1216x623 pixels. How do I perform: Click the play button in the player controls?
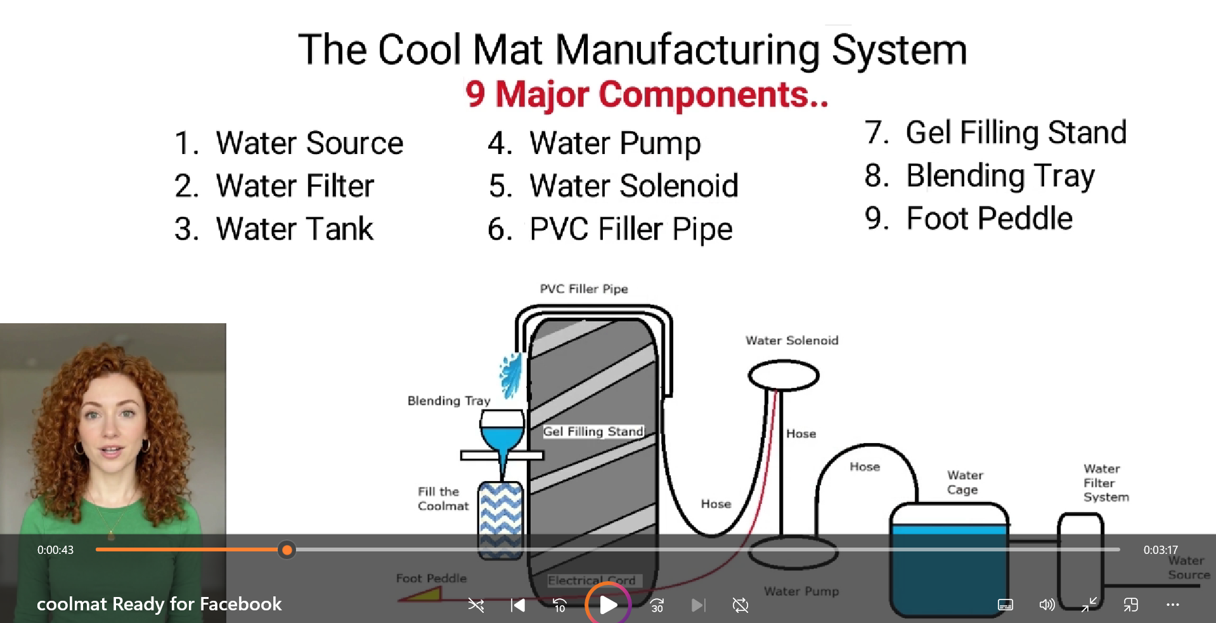pyautogui.click(x=607, y=605)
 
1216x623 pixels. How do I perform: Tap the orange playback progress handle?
pyautogui.click(x=287, y=550)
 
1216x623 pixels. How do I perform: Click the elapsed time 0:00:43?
pyautogui.click(x=55, y=550)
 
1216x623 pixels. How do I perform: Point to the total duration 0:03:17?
pyautogui.click(x=1160, y=550)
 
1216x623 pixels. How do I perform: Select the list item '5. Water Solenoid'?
pyautogui.click(x=613, y=186)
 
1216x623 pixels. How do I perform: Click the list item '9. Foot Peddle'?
pyautogui.click(x=968, y=218)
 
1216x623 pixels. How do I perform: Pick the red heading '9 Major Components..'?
pyautogui.click(x=647, y=94)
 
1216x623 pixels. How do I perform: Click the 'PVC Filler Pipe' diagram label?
pyautogui.click(x=584, y=289)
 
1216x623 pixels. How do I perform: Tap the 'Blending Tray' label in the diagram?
pyautogui.click(x=449, y=401)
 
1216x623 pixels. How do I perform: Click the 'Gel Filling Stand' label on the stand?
pyautogui.click(x=593, y=432)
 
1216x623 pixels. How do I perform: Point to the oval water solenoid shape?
pyautogui.click(x=784, y=375)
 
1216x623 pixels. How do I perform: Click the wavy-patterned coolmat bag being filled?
pyautogui.click(x=500, y=520)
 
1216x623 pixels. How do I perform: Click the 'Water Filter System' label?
pyautogui.click(x=1106, y=483)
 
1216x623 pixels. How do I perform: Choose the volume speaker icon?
pyautogui.click(x=1047, y=605)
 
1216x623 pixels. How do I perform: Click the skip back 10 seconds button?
pyautogui.click(x=559, y=605)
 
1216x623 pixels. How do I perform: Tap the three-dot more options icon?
pyautogui.click(x=1172, y=605)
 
